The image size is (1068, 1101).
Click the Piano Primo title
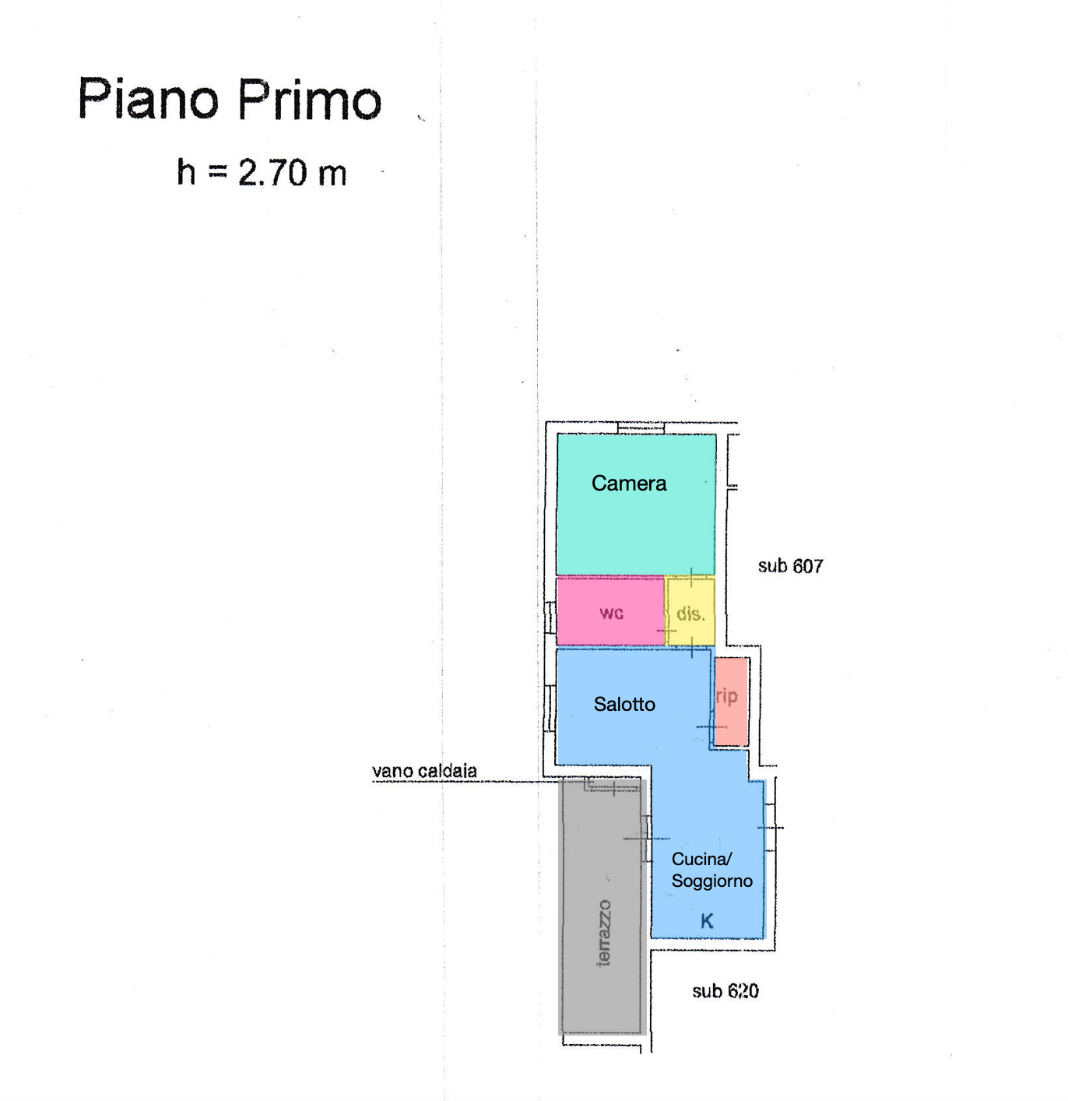(x=229, y=100)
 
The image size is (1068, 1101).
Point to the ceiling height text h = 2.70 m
(x=262, y=172)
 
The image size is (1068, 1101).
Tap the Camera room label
(x=628, y=484)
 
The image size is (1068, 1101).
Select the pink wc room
(x=610, y=610)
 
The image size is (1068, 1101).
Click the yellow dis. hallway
(x=690, y=610)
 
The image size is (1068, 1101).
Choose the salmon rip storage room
(x=732, y=701)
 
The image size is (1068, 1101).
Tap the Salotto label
(x=624, y=704)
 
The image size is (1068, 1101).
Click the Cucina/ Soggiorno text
(x=711, y=870)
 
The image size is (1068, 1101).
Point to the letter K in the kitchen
(x=707, y=921)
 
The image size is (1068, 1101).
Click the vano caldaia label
(x=424, y=771)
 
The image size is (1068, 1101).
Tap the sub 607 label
(x=790, y=566)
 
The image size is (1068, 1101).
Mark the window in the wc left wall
(x=549, y=617)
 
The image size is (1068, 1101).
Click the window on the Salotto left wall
(x=549, y=709)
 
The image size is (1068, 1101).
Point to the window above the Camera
(x=640, y=428)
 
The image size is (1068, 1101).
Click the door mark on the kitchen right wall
(x=770, y=828)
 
